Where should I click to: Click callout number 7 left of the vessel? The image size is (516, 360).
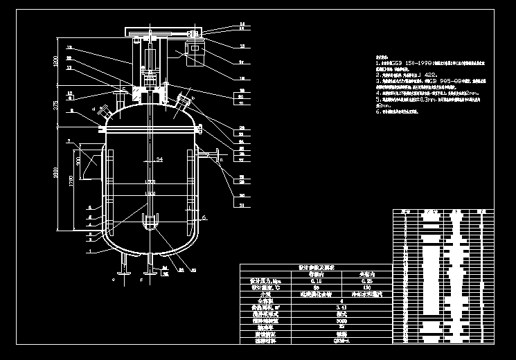(69, 141)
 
